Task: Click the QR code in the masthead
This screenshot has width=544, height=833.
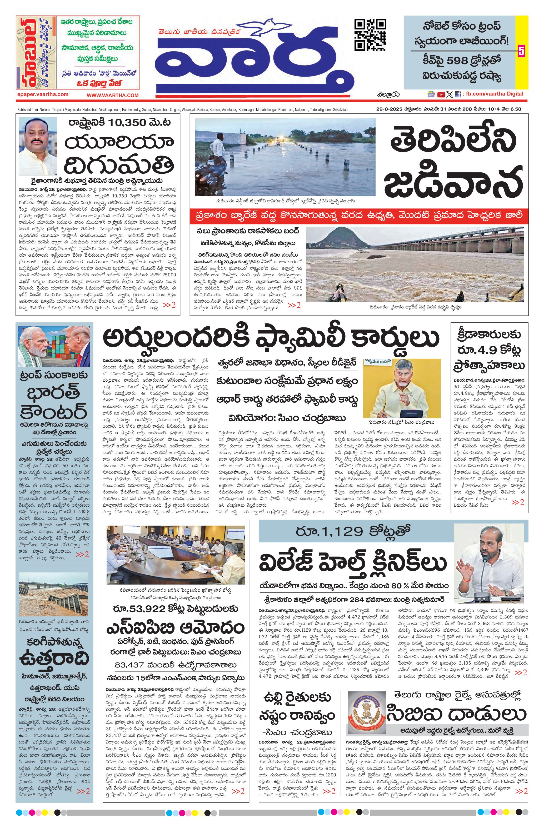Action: pos(370,35)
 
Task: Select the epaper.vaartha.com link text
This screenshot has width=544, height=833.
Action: pos(42,94)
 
